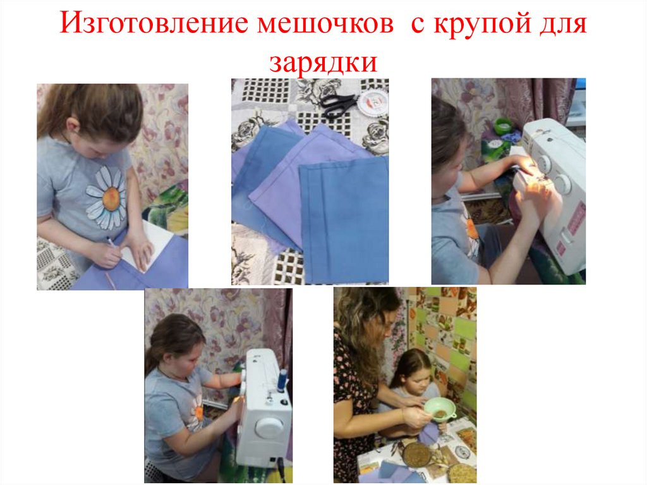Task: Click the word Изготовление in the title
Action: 154,23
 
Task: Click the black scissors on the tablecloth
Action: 337,106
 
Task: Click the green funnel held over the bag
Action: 440,408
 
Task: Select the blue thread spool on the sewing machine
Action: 283,381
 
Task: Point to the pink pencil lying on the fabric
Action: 111,281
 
